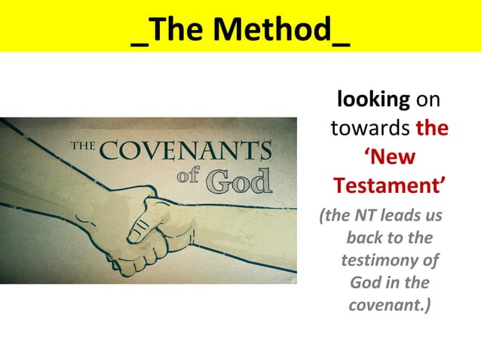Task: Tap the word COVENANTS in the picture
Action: pos(185,151)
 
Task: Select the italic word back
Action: pos(361,239)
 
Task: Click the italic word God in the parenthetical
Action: pos(366,284)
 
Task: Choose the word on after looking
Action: pos(427,99)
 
